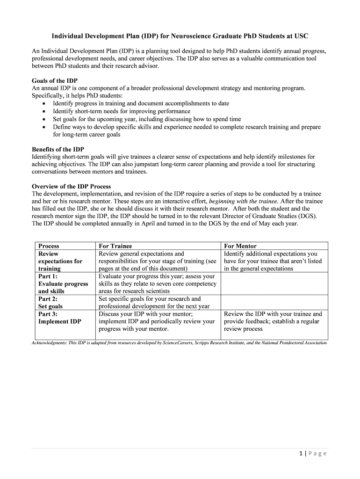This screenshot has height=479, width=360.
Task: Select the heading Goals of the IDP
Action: [x=54, y=80]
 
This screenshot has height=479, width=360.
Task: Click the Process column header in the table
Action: [x=49, y=246]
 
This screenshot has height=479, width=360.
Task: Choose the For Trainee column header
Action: [x=115, y=246]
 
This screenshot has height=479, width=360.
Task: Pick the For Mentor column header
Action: [x=240, y=246]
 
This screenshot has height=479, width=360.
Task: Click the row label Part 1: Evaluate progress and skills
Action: [x=63, y=283]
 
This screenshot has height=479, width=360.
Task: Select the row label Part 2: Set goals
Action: [x=50, y=303]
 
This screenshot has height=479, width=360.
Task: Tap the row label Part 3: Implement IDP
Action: [x=59, y=318]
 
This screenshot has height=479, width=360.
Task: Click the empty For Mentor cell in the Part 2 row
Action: [x=274, y=302]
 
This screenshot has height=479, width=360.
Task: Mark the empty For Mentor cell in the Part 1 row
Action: [x=274, y=283]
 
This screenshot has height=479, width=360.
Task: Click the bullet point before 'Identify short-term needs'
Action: [x=43, y=112]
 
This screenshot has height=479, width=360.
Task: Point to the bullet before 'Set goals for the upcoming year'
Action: [x=43, y=119]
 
